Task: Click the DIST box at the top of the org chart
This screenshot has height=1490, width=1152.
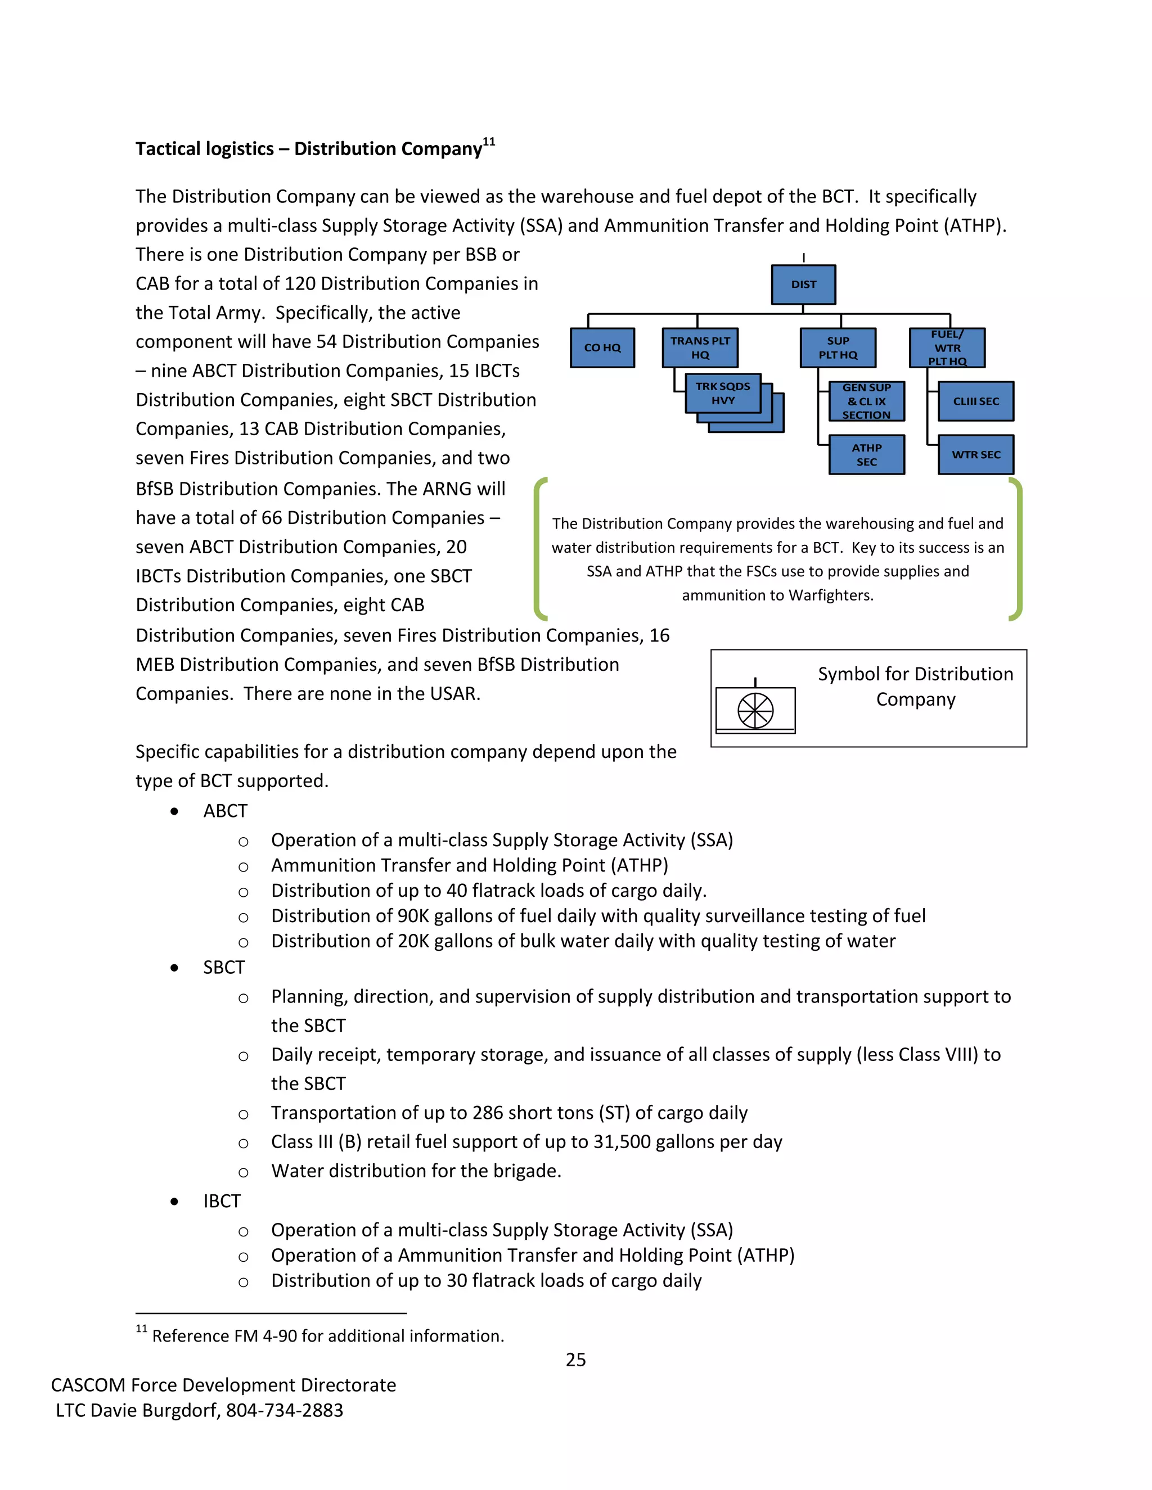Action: (x=803, y=285)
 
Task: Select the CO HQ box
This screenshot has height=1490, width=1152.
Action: (x=602, y=348)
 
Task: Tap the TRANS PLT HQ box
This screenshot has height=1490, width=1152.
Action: (x=700, y=348)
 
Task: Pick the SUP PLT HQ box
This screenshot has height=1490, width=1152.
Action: (x=838, y=348)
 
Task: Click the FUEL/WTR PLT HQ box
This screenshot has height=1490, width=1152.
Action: (x=947, y=348)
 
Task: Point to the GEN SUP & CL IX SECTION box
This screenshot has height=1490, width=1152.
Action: (x=866, y=401)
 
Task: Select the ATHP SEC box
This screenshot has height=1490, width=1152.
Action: (x=866, y=454)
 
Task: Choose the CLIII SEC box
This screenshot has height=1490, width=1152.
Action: (x=975, y=401)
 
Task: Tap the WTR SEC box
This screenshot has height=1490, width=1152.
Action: (x=975, y=454)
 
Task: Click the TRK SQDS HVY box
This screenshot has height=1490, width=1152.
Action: (x=723, y=394)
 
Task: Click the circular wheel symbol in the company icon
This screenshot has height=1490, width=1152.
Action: (x=755, y=710)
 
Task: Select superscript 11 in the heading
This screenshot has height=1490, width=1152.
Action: (x=489, y=142)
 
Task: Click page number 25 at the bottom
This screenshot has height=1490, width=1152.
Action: (x=575, y=1360)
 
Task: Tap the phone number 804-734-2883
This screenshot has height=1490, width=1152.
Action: (x=285, y=1410)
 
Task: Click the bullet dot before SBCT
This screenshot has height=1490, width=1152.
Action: (x=175, y=968)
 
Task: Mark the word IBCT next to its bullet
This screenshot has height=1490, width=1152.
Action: (x=222, y=1201)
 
